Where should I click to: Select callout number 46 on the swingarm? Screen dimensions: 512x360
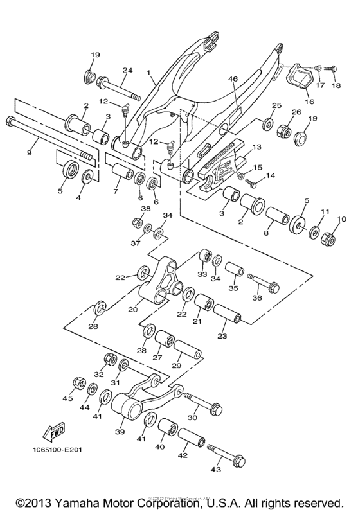click(233, 80)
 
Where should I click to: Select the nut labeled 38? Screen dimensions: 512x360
click(137, 224)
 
